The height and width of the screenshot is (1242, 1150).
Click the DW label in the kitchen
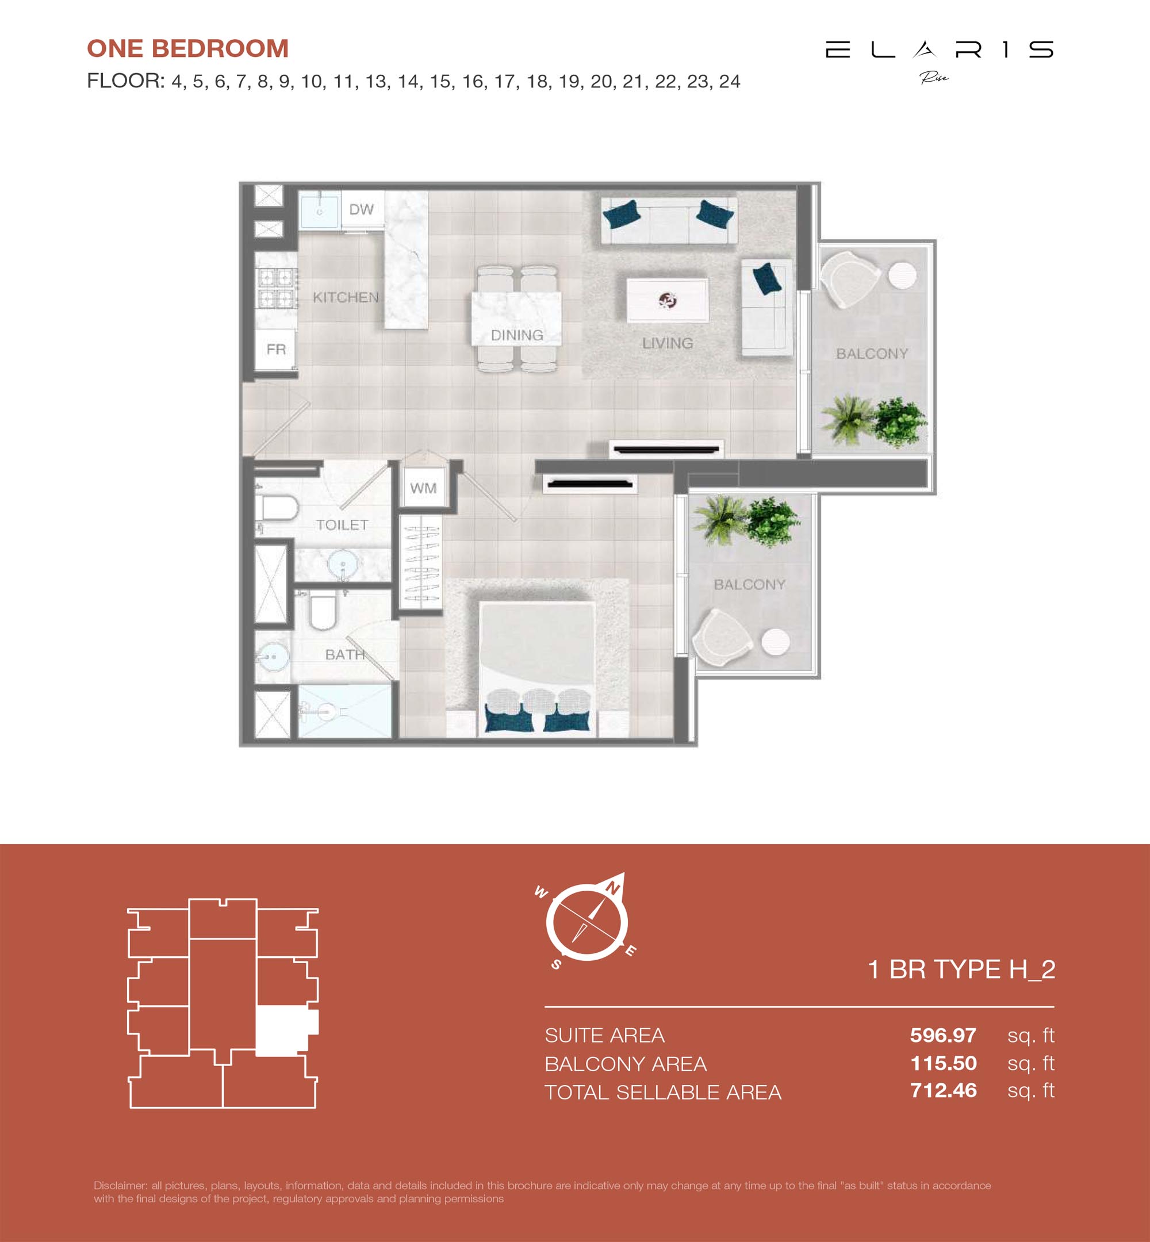[x=361, y=210]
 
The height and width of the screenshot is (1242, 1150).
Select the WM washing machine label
[x=423, y=488]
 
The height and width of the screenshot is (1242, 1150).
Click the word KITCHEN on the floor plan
[x=346, y=297]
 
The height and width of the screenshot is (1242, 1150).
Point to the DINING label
[x=516, y=335]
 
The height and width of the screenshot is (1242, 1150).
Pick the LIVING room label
[x=667, y=343]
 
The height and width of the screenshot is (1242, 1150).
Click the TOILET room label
[x=342, y=525]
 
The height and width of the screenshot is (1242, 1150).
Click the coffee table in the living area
[x=667, y=301]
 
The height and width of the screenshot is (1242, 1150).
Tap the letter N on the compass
[x=613, y=889]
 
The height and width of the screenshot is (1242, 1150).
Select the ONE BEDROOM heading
[x=188, y=48]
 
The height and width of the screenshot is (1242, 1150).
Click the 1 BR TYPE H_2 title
[x=961, y=969]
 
